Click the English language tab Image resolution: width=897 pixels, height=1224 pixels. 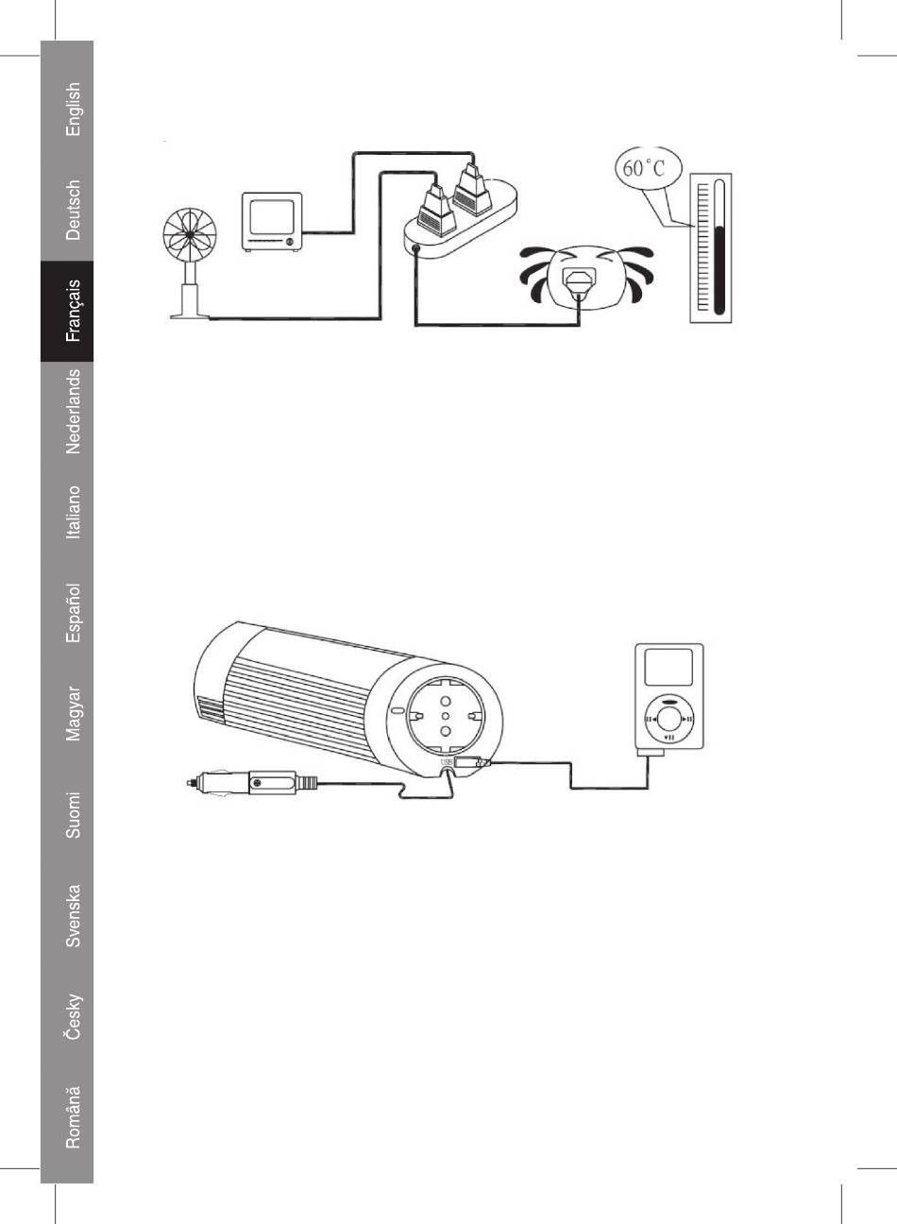[73, 110]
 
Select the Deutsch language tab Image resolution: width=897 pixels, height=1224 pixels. [73, 210]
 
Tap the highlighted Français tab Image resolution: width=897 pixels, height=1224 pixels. [73, 310]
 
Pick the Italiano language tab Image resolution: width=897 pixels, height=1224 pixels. [73, 512]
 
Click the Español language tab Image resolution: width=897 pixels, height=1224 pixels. [73, 613]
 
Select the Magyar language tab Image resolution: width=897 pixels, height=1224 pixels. [73, 713]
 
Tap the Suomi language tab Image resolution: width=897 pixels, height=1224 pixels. [73, 814]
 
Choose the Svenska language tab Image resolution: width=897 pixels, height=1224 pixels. [73, 914]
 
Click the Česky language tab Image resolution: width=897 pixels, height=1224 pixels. [73, 1015]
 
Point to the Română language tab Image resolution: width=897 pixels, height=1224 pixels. [73, 1116]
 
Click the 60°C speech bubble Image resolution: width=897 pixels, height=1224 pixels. [644, 170]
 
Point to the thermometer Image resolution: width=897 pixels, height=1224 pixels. [710, 247]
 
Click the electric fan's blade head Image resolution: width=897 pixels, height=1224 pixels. [192, 234]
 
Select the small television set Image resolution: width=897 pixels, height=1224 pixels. [272, 222]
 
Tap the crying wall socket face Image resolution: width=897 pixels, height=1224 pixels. [585, 277]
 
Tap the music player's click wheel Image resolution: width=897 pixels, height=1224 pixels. [669, 719]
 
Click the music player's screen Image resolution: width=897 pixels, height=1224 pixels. [669, 668]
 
